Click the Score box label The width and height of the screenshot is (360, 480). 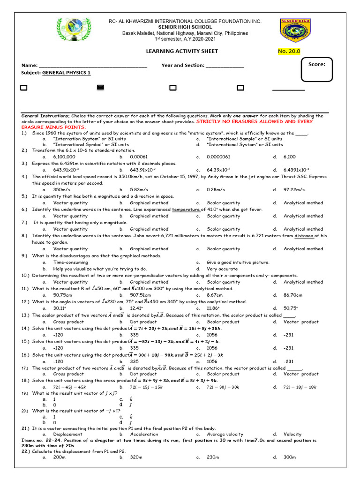pos(317,64)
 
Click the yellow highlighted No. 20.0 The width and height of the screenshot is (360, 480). pos(289,51)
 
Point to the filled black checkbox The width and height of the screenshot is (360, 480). pos(100,87)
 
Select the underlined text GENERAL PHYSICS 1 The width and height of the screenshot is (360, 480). pos(67,73)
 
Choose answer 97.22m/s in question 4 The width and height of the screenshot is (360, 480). pos(294,189)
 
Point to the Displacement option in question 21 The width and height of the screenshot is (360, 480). pos(67,434)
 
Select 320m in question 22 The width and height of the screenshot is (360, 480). pos(135,457)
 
